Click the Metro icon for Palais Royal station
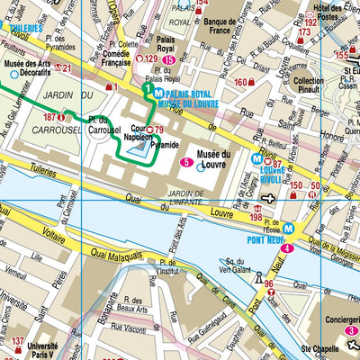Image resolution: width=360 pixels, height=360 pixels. [158, 93]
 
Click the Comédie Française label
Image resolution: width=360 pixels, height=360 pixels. [99, 58]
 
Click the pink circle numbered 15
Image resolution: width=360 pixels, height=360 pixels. [167, 59]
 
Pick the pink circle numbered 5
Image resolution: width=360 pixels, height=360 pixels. [185, 162]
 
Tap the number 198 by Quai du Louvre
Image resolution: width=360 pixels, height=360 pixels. [256, 217]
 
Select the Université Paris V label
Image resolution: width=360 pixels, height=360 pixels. [43, 350]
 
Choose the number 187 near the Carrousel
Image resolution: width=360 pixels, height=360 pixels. [50, 116]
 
